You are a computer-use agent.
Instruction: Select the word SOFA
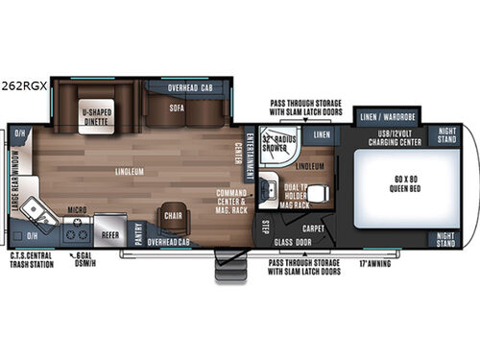(177, 108)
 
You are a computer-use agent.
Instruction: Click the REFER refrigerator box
(110, 231)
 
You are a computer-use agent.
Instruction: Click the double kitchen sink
(39, 210)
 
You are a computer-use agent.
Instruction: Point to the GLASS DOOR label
(291, 244)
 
